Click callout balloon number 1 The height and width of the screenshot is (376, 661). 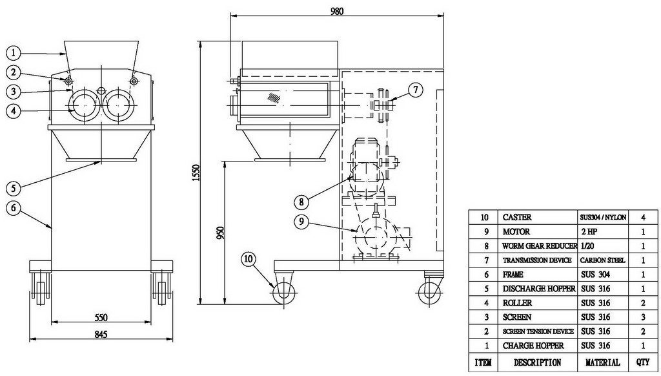(14, 53)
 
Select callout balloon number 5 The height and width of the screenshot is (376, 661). (14, 188)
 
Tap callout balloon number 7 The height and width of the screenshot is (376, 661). (416, 90)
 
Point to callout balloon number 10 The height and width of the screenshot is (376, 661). (249, 258)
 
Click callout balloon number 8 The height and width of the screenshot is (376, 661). (301, 202)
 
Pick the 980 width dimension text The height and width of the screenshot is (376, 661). (337, 11)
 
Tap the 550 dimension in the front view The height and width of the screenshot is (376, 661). (101, 317)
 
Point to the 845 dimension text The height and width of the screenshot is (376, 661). (101, 334)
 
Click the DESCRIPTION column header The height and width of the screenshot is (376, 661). (537, 362)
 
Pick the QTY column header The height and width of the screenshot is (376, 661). (644, 362)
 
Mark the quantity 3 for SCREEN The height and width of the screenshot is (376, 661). (644, 317)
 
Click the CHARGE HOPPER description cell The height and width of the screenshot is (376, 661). (533, 346)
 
